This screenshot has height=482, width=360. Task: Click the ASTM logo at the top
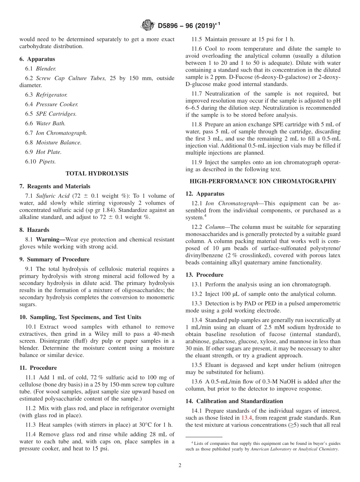[x=148, y=25]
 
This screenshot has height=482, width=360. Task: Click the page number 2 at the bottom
[x=180, y=466]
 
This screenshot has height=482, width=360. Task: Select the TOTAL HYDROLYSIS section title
[x=97, y=174]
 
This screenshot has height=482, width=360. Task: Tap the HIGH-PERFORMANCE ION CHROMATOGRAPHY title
[x=263, y=181]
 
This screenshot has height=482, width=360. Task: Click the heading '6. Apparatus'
[x=37, y=59]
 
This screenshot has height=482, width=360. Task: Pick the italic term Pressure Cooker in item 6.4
[x=57, y=104]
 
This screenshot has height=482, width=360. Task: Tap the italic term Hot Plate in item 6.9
[x=49, y=152]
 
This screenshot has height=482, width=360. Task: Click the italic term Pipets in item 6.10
[x=47, y=161]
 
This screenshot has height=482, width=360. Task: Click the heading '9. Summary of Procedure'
[x=55, y=259]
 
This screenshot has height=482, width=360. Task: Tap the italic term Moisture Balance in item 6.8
[x=58, y=142]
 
